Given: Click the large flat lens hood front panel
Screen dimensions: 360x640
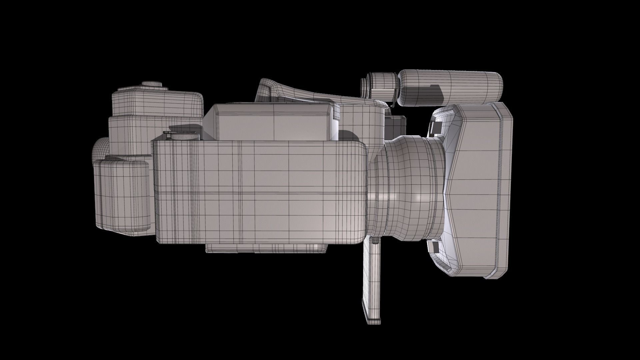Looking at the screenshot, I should pyautogui.click(x=480, y=190).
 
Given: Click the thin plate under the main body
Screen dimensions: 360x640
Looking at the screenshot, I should pyautogui.click(x=267, y=248).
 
